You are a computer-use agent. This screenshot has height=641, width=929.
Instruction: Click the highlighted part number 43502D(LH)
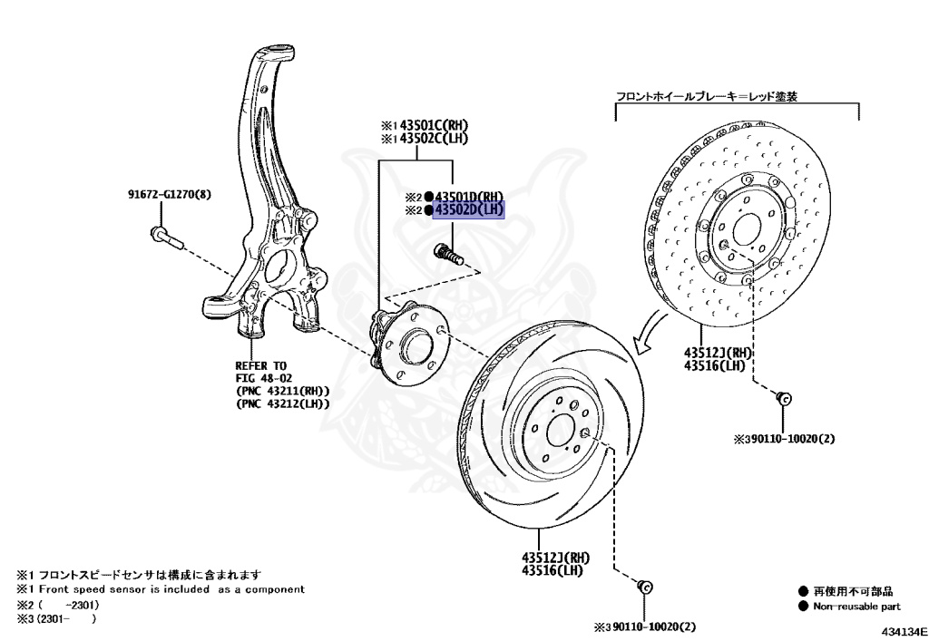click(x=468, y=210)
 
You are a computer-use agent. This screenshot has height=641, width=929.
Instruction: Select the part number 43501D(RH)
click(x=468, y=197)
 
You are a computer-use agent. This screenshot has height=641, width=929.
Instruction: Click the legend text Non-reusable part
click(x=856, y=606)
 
